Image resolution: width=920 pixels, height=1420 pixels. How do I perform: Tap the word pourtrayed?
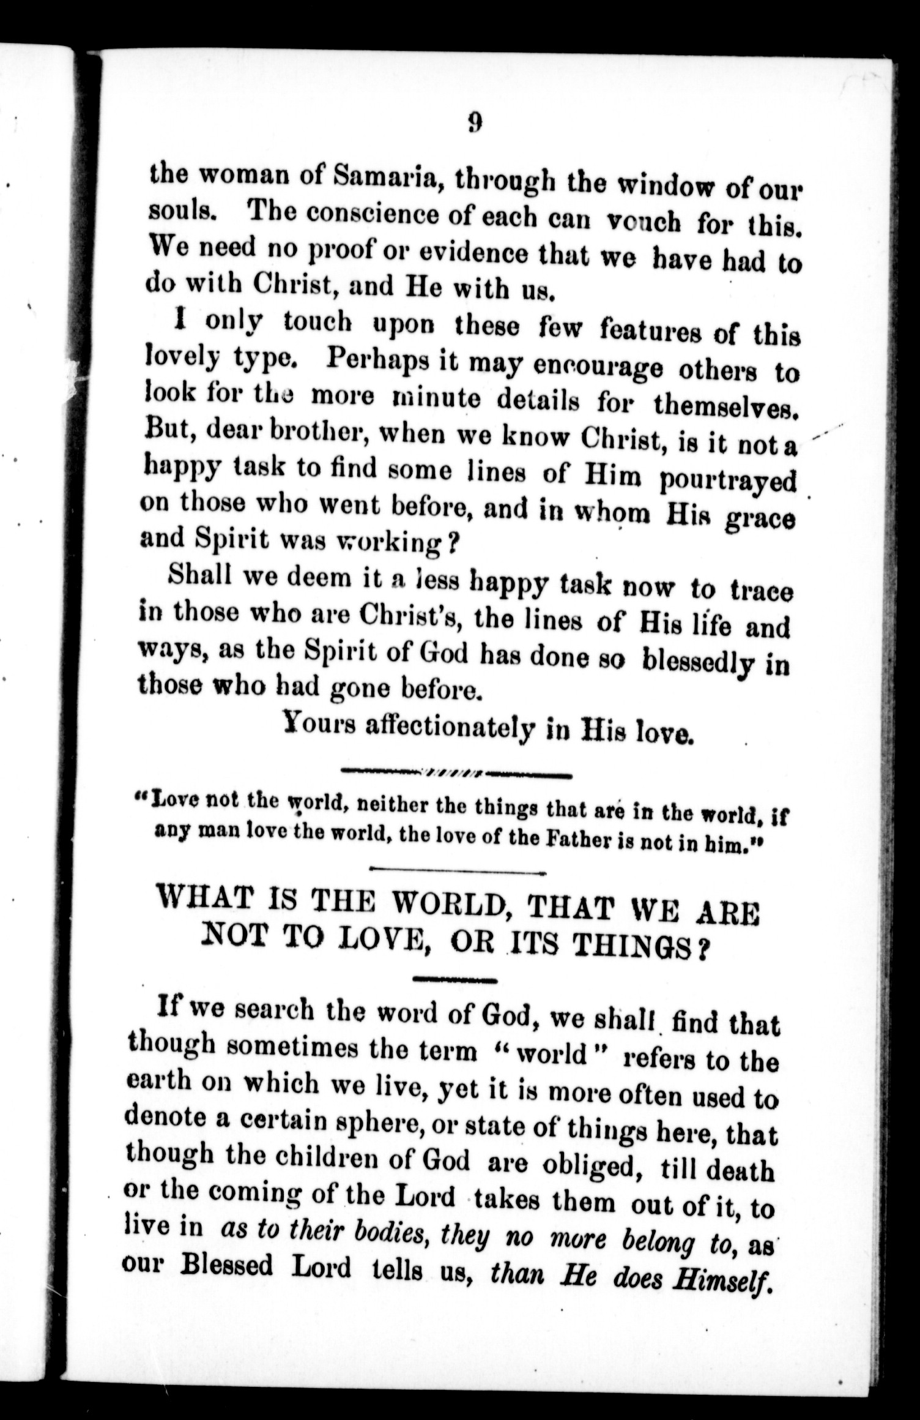pyautogui.click(x=728, y=480)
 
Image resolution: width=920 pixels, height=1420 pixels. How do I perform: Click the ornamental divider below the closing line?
pyautogui.click(x=456, y=774)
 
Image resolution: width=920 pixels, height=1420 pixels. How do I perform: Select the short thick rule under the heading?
pyautogui.click(x=454, y=980)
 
